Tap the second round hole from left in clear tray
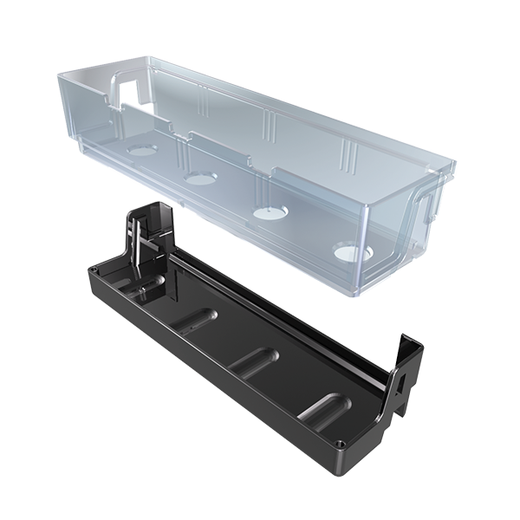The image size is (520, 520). coord(200,178)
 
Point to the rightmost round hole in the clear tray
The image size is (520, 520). coord(351,254)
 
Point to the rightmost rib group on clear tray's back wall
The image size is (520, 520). coord(348,156)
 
